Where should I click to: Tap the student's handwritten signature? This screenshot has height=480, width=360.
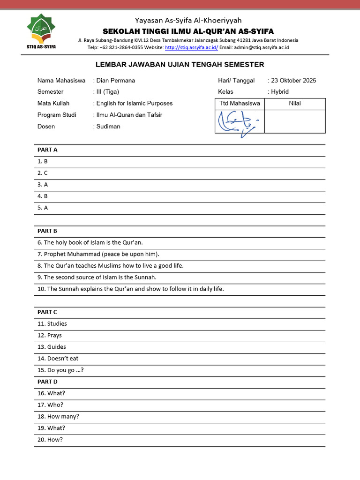pos(239,122)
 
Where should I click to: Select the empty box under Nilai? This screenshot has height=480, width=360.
pos(295,121)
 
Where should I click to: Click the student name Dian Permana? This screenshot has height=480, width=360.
pos(115,80)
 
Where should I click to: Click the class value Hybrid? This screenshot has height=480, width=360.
pos(280,91)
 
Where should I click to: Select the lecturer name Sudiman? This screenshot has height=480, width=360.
pos(108,126)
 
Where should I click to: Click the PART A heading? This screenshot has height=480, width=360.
pos(47,150)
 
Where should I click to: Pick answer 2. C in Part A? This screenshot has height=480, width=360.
pos(43,173)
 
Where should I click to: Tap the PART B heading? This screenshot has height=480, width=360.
pos(47,231)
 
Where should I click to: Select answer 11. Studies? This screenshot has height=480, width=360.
pos(52,323)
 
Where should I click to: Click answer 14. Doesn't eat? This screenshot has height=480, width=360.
pos(58,359)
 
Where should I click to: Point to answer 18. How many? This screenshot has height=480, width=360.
pos(59,416)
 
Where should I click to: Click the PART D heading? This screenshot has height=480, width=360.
pos(47,382)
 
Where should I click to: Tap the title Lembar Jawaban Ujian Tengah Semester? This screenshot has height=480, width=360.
pos(180,65)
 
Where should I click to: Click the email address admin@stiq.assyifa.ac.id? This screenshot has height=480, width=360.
pos(262,47)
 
